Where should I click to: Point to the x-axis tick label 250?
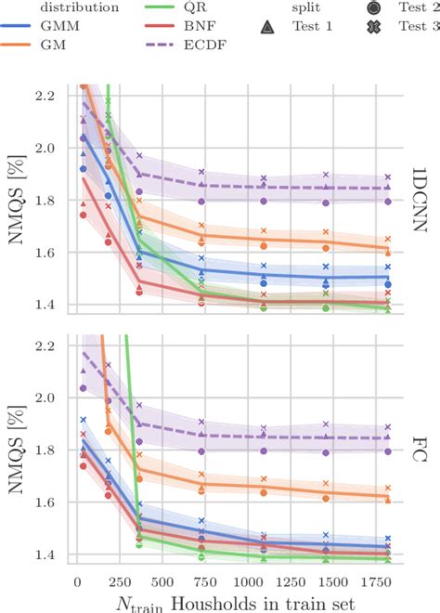(118, 580)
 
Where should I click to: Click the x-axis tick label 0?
(76, 580)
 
